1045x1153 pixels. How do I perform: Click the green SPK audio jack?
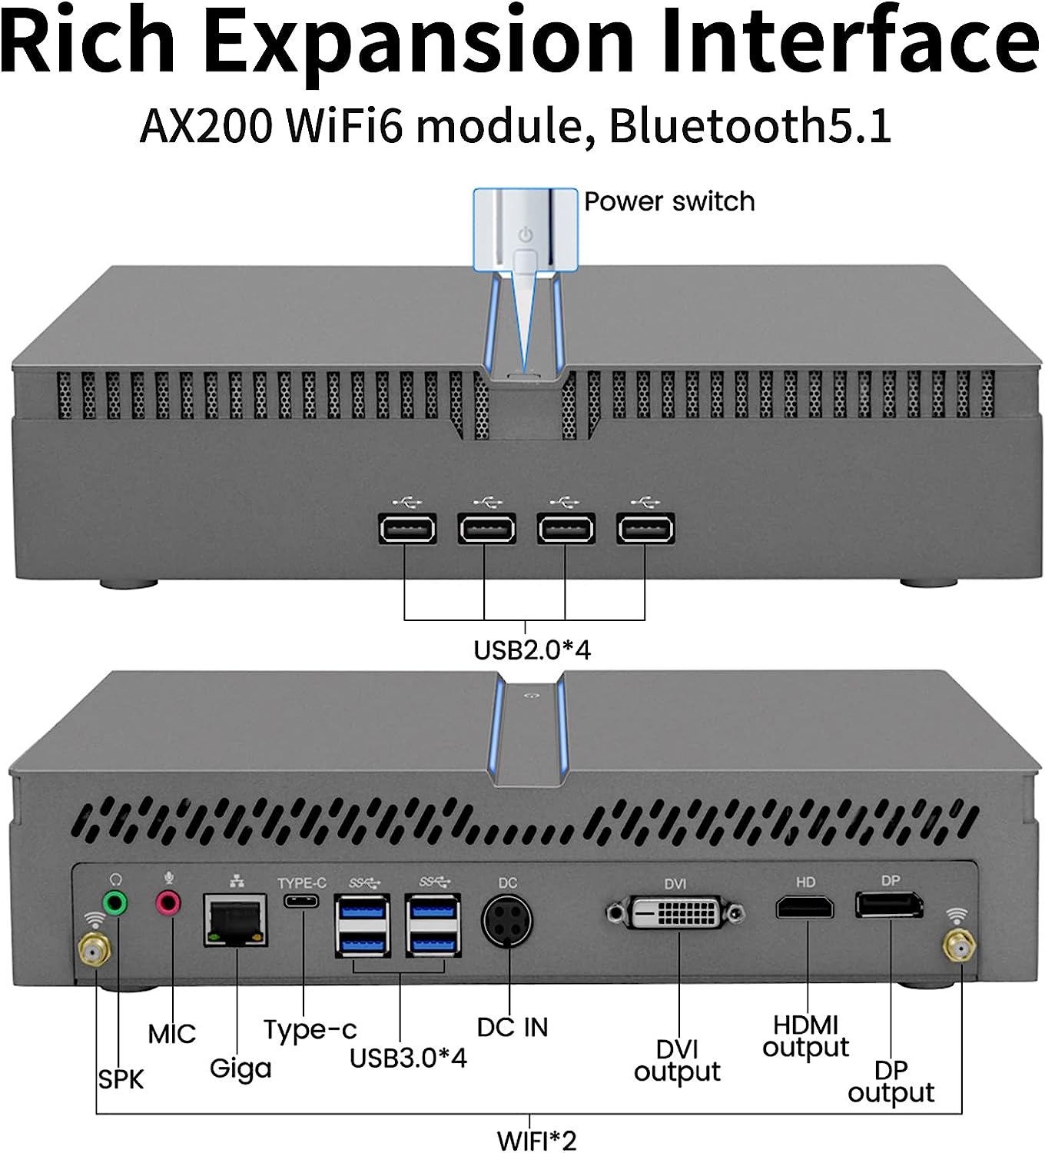coord(114,903)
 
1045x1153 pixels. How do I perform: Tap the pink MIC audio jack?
coord(169,902)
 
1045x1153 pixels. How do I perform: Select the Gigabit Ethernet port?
coord(236,919)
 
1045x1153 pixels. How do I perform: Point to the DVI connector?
coord(675,913)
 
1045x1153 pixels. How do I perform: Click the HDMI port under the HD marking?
coord(804,908)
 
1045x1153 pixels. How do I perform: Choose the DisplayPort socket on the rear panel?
coord(890,905)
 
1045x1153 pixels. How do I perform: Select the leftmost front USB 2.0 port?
coord(407,529)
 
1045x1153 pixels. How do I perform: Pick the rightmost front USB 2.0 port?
coord(645,529)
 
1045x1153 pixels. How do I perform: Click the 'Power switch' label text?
coord(669,201)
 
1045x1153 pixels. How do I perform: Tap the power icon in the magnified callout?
coord(526,234)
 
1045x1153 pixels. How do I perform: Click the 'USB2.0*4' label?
coord(532,650)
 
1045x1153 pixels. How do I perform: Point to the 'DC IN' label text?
coord(513,1028)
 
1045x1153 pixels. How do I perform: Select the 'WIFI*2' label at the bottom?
coord(536,1140)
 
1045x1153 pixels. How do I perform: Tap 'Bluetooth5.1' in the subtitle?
coord(750,126)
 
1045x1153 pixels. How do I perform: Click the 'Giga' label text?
coord(241,1068)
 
